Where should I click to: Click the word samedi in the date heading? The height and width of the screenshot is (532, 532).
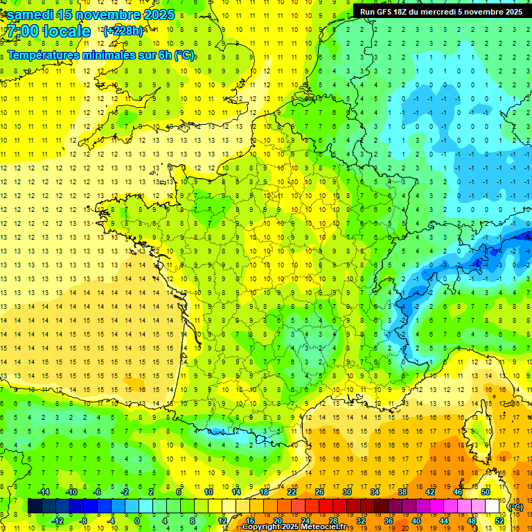point(30,15)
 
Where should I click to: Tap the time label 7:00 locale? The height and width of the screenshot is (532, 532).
point(48,31)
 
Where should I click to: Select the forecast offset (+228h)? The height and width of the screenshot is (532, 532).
point(123,31)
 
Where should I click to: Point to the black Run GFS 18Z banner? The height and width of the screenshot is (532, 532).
point(441,11)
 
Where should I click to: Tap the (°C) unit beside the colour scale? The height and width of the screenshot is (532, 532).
point(515,507)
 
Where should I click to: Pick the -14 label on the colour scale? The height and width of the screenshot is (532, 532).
point(43,492)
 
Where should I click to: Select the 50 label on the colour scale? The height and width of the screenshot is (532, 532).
point(485,492)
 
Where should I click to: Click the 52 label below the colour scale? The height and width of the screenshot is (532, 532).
point(499,520)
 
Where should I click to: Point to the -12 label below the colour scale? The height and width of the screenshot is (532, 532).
point(57,520)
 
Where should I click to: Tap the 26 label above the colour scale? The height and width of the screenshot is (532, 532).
point(319,492)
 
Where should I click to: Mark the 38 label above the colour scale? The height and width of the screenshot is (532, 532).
point(402,492)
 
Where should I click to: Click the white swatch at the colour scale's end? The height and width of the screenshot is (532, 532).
point(492,506)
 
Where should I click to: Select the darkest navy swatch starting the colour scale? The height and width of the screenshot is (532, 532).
point(35,506)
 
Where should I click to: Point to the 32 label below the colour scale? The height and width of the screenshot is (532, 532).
point(360,520)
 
